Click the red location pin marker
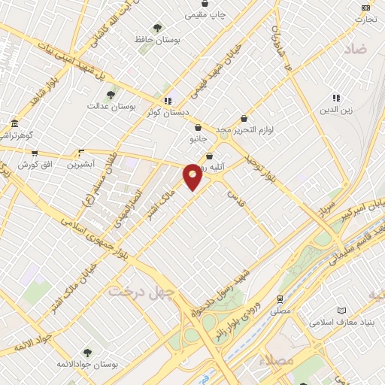tap(193, 176)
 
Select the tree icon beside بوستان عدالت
tap(111, 95)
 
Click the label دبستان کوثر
tap(168, 111)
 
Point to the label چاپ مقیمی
tap(205, 14)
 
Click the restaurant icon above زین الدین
tap(336, 98)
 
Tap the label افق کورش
tap(34, 164)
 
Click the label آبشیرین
tap(81, 163)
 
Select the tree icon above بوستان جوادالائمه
tap(88, 352)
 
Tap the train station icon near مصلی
tap(280, 299)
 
